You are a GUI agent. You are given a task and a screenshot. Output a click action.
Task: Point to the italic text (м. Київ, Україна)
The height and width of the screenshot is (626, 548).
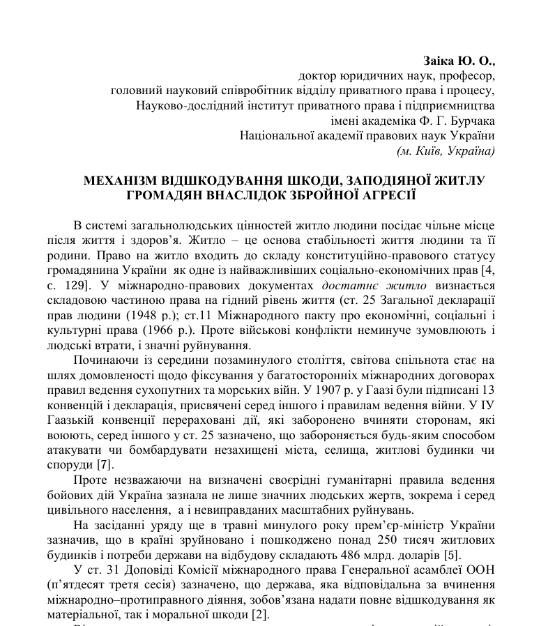pyautogui.click(x=446, y=151)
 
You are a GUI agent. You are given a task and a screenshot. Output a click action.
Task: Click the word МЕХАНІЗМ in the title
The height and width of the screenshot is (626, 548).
pyautogui.click(x=121, y=181)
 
